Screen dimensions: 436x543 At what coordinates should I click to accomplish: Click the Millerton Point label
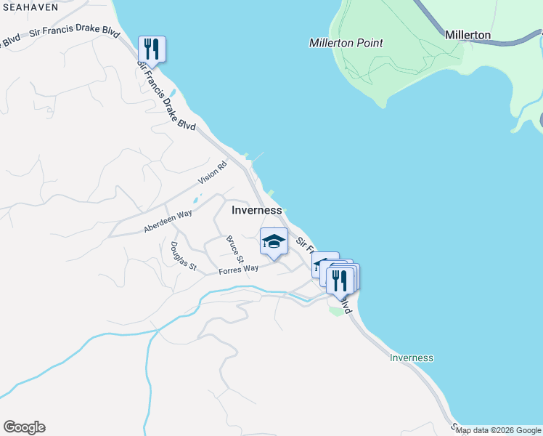click(346, 43)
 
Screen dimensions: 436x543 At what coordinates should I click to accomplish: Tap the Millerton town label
click(468, 35)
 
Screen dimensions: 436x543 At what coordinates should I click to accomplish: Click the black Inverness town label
click(256, 210)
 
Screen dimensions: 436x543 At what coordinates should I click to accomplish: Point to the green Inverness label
click(411, 358)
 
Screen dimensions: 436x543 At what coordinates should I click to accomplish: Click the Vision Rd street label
click(213, 174)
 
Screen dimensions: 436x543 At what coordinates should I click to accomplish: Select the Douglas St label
click(183, 256)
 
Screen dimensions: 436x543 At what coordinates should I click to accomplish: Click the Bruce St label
click(234, 249)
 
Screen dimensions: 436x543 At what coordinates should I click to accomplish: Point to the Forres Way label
click(239, 269)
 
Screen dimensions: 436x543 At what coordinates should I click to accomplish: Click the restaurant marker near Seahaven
click(152, 49)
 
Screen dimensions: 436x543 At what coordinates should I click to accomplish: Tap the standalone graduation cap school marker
click(274, 242)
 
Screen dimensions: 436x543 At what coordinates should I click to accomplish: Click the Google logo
click(24, 427)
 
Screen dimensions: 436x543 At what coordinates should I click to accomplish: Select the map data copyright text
click(498, 430)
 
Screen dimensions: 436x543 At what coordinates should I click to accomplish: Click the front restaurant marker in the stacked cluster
click(339, 280)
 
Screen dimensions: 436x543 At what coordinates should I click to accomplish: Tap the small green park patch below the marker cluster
click(335, 311)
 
